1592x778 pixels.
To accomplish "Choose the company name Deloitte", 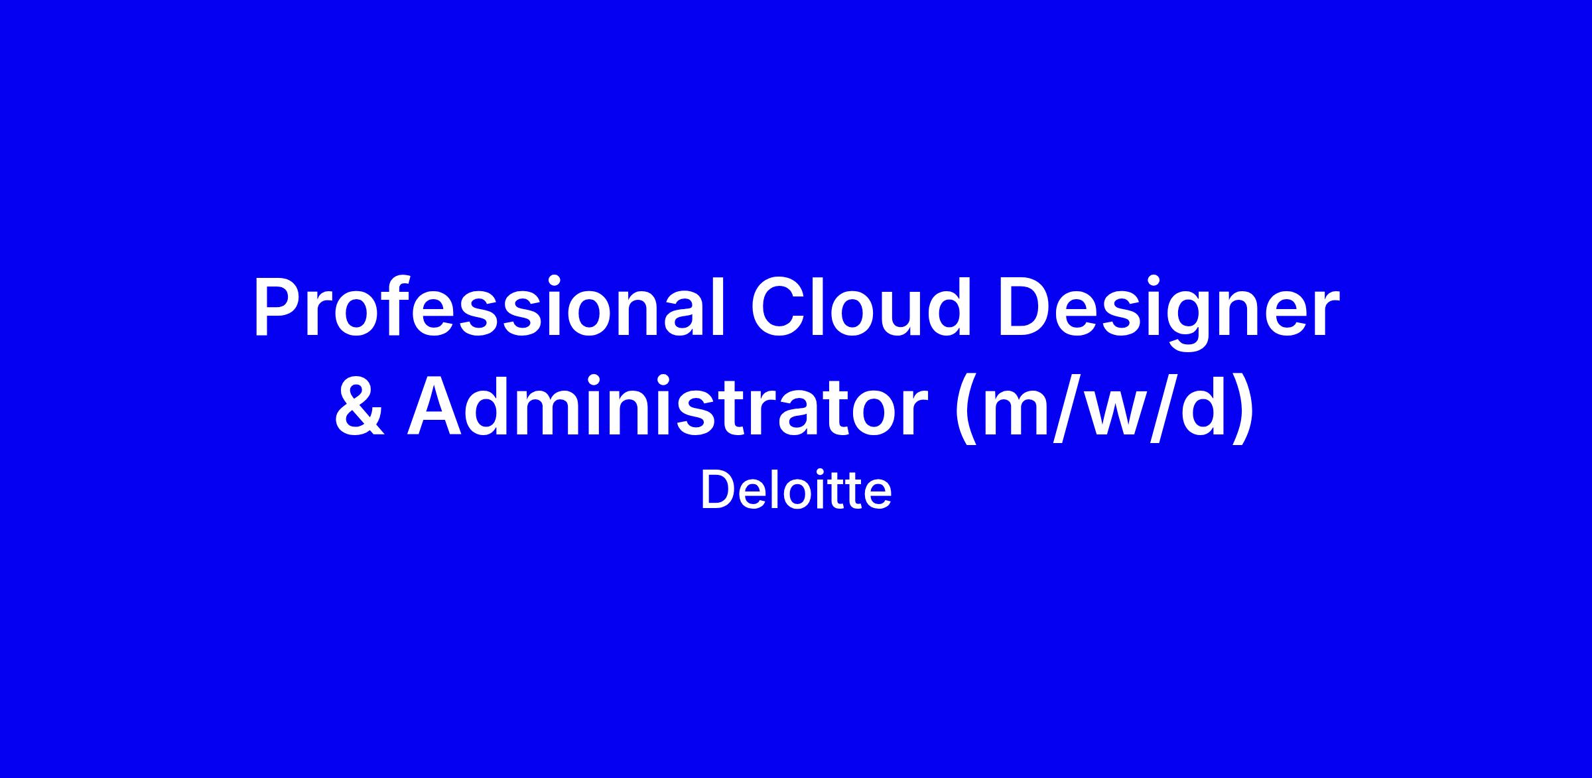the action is coord(796,491).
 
